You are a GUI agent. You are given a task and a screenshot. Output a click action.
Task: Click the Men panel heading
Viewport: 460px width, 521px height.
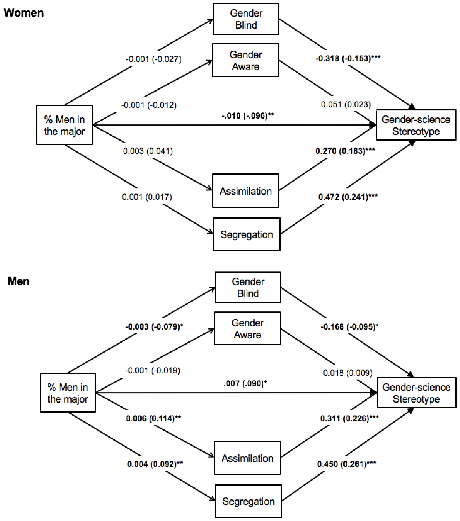pyautogui.click(x=19, y=281)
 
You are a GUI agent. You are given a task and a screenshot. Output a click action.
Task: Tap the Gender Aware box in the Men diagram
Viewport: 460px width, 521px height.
pyautogui.click(x=247, y=329)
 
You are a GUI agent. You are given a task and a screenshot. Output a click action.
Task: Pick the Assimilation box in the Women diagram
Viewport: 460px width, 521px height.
pyautogui.click(x=246, y=191)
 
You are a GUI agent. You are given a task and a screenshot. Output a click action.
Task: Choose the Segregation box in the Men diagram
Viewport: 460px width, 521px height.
pyautogui.click(x=248, y=501)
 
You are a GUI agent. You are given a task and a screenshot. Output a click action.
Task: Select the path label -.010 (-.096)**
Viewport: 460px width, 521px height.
pyautogui.click(x=248, y=116)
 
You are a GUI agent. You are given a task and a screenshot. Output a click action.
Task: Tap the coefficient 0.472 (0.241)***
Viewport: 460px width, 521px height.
pyautogui.click(x=348, y=197)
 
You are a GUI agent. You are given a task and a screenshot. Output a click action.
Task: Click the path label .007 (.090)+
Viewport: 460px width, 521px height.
pyautogui.click(x=245, y=383)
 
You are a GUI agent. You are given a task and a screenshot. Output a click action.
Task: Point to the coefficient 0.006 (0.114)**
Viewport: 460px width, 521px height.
pyautogui.click(x=153, y=418)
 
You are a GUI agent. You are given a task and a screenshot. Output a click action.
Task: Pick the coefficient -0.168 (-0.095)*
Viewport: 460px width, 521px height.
pyautogui.click(x=349, y=326)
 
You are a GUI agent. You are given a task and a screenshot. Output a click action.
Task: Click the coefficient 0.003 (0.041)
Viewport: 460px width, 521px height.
pyautogui.click(x=148, y=151)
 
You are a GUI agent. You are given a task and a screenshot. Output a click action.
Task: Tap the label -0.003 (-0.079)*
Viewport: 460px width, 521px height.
pyautogui.click(x=154, y=326)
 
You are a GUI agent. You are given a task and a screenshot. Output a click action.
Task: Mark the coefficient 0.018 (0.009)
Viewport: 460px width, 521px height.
pyautogui.click(x=348, y=373)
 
